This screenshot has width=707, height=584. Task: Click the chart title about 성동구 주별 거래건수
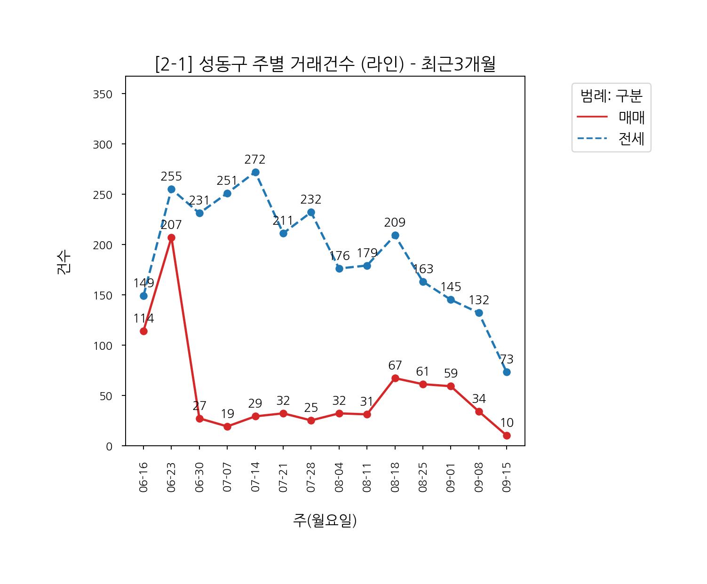point(325,64)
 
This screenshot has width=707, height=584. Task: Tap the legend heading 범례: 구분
point(611,96)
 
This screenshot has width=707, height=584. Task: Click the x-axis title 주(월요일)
point(325,520)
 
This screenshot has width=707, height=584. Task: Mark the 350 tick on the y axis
point(103,95)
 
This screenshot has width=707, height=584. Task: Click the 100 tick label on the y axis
point(103,346)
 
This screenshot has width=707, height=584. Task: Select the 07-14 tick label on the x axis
point(255,477)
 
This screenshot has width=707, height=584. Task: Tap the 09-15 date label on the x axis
point(507,477)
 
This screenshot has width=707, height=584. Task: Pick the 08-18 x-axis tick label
point(395,477)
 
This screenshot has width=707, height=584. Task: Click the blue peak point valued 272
point(255,172)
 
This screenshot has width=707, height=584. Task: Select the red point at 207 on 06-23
point(171,237)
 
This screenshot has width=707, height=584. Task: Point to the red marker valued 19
point(227,426)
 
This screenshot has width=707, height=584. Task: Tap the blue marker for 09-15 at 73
point(507,372)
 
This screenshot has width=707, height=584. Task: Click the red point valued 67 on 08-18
point(395,378)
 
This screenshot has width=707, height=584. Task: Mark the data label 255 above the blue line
point(171,177)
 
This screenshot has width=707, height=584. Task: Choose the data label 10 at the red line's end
point(507,423)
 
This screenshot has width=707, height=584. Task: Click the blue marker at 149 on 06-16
point(143,296)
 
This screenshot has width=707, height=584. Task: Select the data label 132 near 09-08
point(479,300)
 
